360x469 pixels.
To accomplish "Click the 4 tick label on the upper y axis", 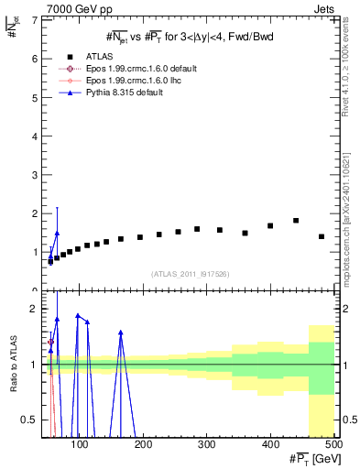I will tap(35, 136).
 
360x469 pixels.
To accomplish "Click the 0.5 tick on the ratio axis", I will tap(30, 420).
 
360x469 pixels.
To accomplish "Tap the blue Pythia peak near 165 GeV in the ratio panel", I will tap(121, 333).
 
